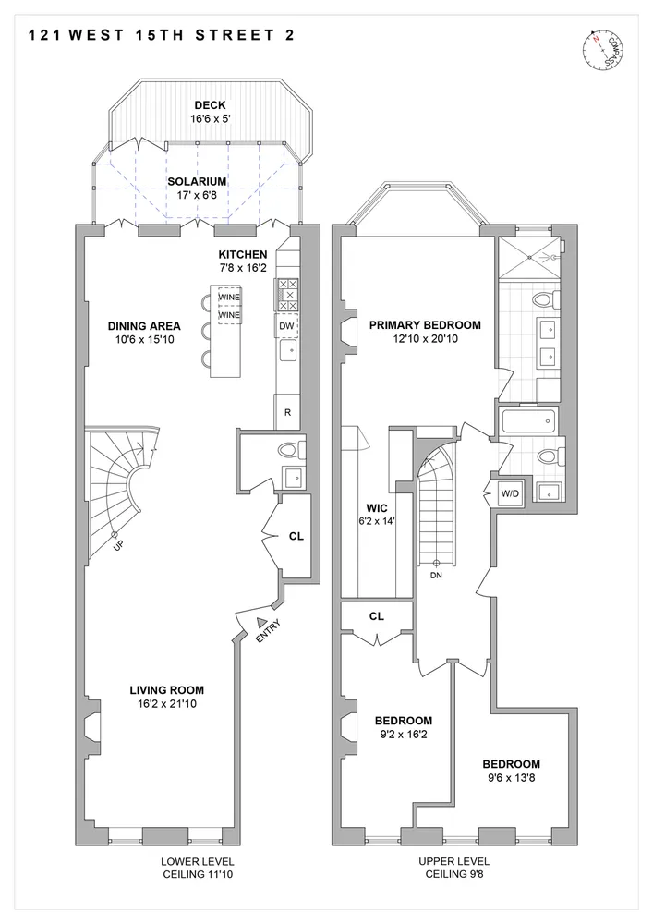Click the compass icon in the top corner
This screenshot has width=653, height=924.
[603, 51]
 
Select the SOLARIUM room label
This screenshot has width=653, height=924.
[197, 182]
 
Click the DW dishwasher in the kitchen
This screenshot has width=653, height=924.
[286, 326]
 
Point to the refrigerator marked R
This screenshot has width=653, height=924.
[287, 412]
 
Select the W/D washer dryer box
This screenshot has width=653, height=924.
[510, 492]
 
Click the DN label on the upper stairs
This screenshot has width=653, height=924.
[435, 574]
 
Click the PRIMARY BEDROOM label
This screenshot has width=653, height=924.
[425, 325]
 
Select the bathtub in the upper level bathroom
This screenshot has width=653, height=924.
[527, 423]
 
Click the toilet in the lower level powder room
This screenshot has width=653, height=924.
[290, 450]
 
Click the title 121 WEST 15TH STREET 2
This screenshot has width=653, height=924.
[156, 37]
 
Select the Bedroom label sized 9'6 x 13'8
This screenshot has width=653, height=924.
[511, 764]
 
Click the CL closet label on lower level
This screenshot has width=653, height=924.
[296, 535]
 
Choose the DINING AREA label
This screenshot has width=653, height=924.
[143, 326]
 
